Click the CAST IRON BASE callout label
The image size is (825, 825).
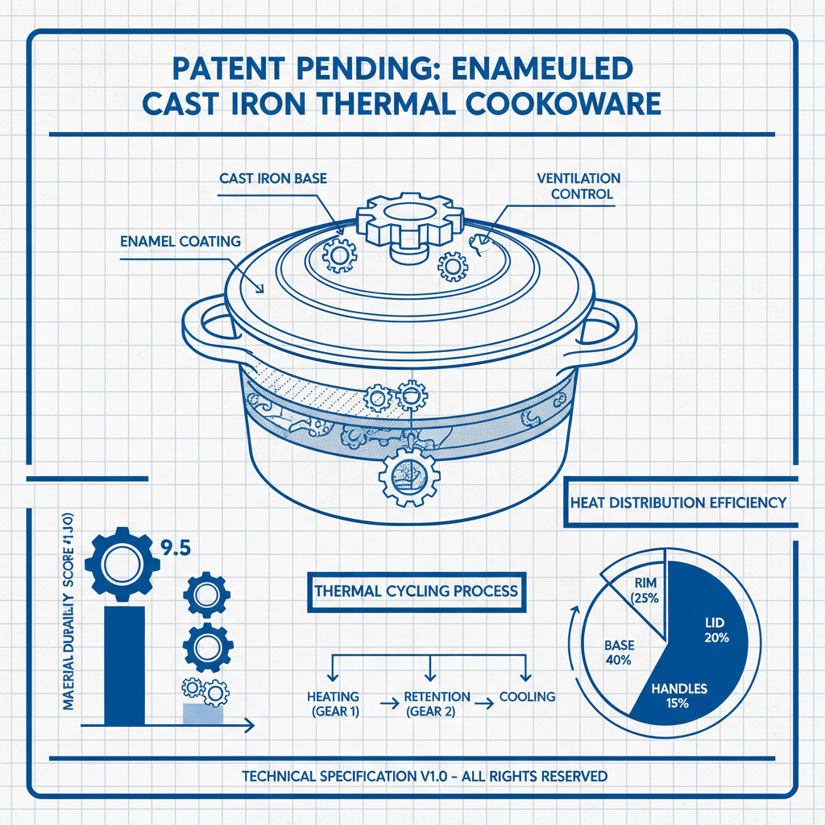(273, 178)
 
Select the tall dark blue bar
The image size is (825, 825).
(125, 665)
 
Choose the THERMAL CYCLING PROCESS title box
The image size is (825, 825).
(416, 591)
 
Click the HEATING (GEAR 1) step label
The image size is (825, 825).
(333, 703)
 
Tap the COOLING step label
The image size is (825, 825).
(528, 696)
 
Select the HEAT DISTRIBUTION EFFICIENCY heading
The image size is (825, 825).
(678, 503)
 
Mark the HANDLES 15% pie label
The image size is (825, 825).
(680, 696)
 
